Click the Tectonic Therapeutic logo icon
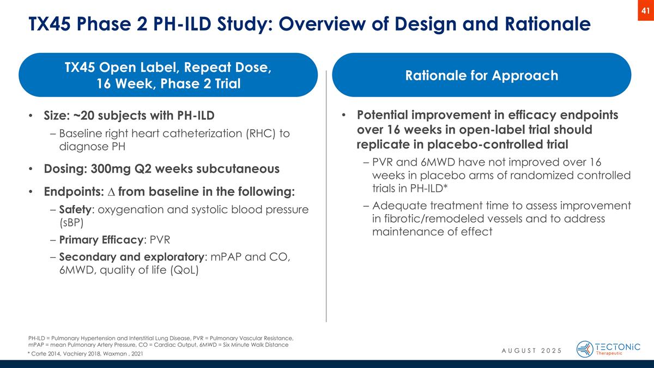(x=585, y=349)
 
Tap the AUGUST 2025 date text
(x=531, y=349)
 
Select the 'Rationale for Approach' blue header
(x=481, y=75)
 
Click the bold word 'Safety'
(x=74, y=209)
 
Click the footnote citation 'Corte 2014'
(x=46, y=354)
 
